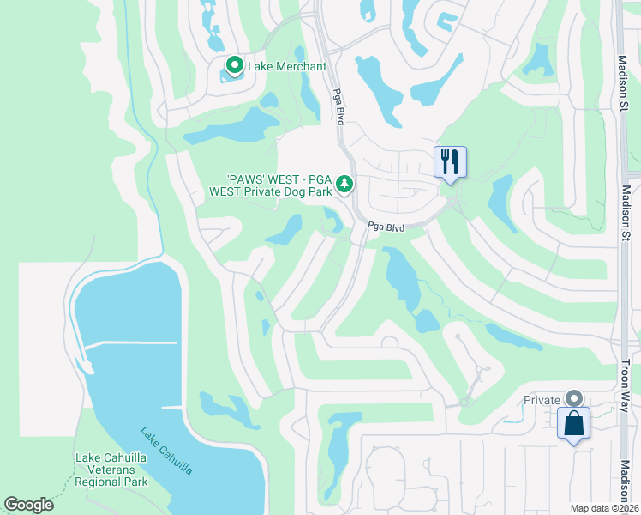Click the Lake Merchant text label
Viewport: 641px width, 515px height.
tap(287, 66)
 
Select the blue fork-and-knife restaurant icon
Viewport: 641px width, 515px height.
tap(450, 161)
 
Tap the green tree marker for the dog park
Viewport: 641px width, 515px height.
tap(344, 184)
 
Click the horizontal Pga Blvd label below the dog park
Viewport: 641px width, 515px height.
tap(386, 227)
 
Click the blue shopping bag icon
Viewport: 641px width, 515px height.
tap(573, 424)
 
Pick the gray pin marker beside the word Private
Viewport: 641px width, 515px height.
tap(573, 399)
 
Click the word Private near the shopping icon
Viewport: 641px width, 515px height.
tap(542, 400)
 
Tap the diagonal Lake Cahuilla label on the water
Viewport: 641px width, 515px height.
tap(167, 451)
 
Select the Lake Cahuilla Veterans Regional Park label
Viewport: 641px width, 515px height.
tap(111, 470)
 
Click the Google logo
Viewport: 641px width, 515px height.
tap(28, 505)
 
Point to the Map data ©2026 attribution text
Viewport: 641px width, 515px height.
tap(604, 508)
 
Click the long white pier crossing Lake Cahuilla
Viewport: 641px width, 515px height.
tap(129, 345)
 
